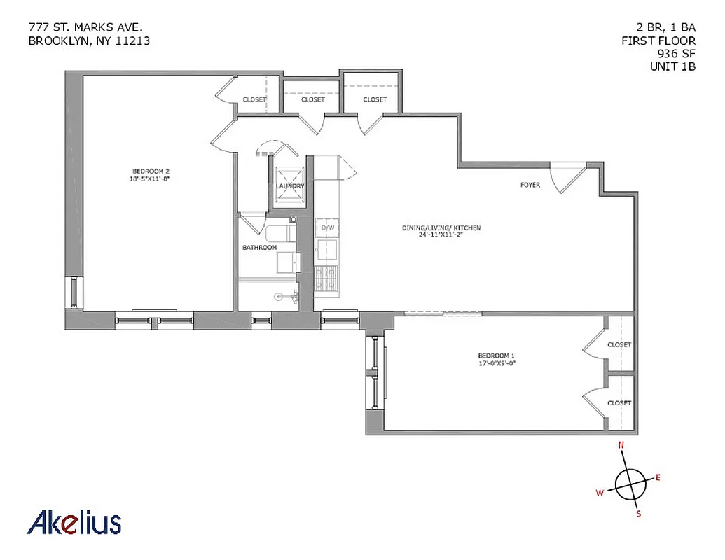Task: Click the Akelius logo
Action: [74, 522]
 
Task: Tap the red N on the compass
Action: [620, 445]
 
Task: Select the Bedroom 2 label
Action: [151, 171]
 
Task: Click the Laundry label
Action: [290, 186]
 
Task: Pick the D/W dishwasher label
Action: [327, 228]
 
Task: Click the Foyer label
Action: [530, 185]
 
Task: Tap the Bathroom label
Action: [259, 248]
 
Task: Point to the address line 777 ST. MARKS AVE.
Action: [85, 27]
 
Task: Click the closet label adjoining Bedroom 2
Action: [254, 99]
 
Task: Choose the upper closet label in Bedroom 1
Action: [619, 344]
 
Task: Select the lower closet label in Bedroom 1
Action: [619, 403]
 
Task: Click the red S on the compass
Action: [638, 514]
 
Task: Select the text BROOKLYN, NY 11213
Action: [89, 41]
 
